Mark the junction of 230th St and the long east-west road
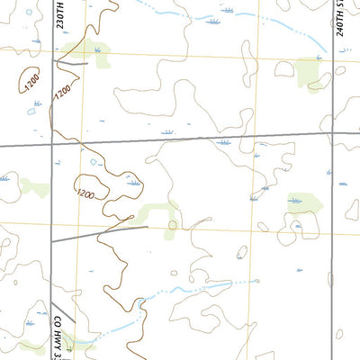(x=52, y=144)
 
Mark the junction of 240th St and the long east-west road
(x=333, y=133)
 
